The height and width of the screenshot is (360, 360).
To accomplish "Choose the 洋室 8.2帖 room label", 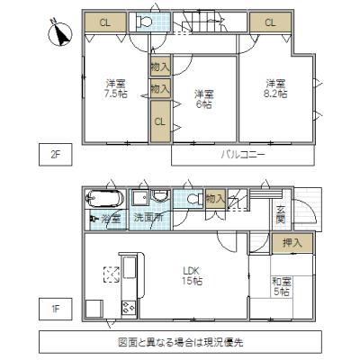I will click(275, 88).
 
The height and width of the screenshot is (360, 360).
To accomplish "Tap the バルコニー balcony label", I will click(243, 155).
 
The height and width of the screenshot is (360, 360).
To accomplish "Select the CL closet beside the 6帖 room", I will click(158, 121).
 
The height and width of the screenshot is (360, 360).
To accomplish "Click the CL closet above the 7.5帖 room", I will click(105, 22).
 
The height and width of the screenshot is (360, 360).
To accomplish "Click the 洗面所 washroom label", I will click(148, 218).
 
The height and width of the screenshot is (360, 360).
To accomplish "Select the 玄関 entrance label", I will click(280, 213).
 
